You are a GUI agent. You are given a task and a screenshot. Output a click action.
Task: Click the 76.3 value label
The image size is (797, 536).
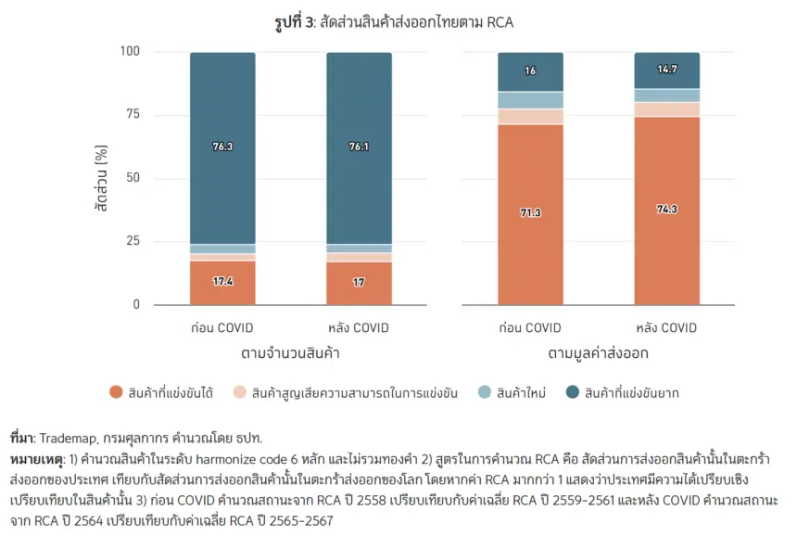click(222, 147)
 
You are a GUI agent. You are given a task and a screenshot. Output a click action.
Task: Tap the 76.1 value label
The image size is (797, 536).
click(359, 147)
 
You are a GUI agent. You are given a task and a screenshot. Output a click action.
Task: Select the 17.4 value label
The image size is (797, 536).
click(222, 281)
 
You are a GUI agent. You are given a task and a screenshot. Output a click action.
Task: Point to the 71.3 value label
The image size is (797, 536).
click(530, 212)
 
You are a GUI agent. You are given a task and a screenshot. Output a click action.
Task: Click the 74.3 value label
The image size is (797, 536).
click(667, 209)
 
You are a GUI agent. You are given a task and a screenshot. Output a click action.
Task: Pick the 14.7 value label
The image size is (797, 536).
click(667, 70)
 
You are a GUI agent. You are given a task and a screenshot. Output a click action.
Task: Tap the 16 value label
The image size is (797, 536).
click(530, 70)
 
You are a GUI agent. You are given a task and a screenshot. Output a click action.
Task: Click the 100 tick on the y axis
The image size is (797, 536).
click(130, 51)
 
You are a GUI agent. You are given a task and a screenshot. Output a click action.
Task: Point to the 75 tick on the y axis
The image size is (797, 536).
click(133, 114)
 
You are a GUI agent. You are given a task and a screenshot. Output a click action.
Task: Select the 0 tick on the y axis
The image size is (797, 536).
click(136, 304)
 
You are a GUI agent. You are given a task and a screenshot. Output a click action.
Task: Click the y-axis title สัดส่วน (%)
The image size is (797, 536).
click(101, 178)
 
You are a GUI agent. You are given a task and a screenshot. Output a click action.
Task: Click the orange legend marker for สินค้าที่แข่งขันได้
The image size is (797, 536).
click(116, 392)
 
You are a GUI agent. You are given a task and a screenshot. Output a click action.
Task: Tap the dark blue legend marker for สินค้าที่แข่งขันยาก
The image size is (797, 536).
click(573, 392)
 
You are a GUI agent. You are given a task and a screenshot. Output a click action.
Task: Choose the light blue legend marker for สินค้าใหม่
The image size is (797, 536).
click(485, 392)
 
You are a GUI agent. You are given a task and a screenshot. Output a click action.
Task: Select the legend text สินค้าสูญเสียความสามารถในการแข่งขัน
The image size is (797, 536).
click(354, 393)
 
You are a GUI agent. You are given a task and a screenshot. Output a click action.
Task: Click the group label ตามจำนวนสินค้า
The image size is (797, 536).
click(290, 353)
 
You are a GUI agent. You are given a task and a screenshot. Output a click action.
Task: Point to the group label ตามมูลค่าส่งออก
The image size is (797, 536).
click(599, 353)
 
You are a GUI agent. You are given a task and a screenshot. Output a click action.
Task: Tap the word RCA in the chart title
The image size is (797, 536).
click(500, 22)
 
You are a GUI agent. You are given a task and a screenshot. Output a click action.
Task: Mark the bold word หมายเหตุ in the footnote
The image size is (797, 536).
click(36, 460)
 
